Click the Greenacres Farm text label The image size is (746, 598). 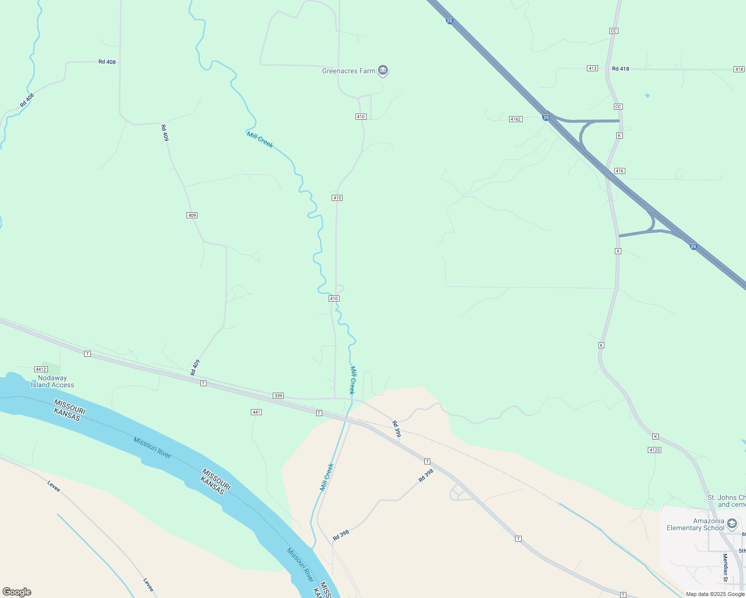point(349,71)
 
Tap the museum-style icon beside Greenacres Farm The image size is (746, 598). point(383,70)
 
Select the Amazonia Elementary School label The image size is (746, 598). point(695,524)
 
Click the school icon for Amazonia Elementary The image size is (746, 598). point(732,524)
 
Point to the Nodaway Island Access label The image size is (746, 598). point(52,381)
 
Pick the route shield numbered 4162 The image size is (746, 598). point(516,119)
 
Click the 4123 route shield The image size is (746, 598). point(655,450)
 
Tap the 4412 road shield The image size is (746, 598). point(41,369)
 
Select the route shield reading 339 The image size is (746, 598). point(278,396)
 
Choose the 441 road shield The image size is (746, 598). point(256,412)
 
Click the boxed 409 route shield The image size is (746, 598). point(192,215)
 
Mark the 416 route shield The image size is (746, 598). point(619,171)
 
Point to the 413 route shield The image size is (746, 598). point(592,68)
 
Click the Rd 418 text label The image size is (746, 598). point(620,69)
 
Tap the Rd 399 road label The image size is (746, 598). point(396,429)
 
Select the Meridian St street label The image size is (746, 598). point(726,567)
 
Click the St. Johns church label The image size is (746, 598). point(727,501)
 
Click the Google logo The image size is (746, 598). point(16,592)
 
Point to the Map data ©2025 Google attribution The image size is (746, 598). point(715,594)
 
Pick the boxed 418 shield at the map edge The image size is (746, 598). point(739,69)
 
